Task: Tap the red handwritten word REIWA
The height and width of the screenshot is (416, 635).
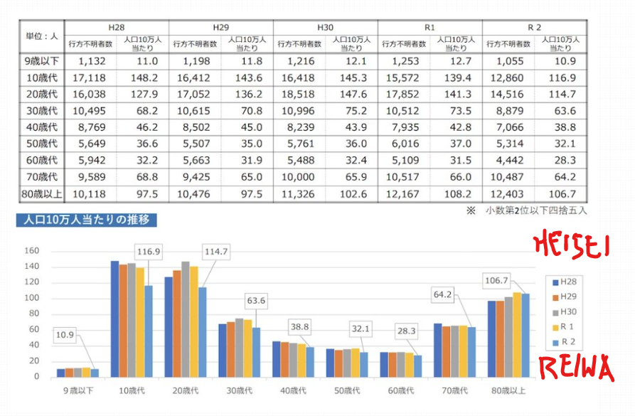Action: [x=576, y=369]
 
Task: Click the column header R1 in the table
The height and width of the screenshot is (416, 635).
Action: [x=429, y=27]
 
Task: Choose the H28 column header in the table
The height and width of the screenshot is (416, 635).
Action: [x=117, y=27]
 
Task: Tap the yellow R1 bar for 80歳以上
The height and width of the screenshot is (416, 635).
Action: [x=517, y=334]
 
